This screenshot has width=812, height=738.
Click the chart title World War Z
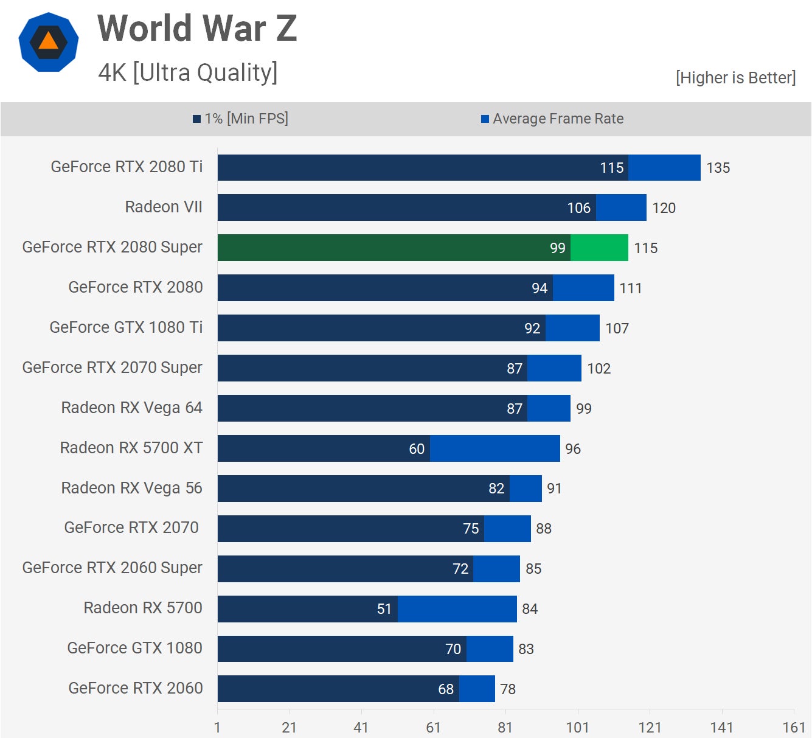click(x=197, y=29)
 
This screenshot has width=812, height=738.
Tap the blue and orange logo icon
click(x=49, y=42)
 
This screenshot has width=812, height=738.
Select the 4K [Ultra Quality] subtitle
click(x=188, y=72)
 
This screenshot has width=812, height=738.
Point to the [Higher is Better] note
click(x=735, y=78)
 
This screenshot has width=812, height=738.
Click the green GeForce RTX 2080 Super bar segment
click(x=599, y=248)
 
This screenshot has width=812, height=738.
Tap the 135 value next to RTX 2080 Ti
click(x=718, y=168)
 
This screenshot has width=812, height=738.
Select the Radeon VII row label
click(x=164, y=207)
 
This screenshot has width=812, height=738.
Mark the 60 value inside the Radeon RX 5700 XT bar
click(x=417, y=449)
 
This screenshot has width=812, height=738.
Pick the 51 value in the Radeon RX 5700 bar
click(x=384, y=609)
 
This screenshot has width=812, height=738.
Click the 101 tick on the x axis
click(x=577, y=728)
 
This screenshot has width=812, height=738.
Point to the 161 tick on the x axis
click(x=794, y=728)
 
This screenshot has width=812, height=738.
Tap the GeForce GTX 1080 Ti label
click(x=126, y=327)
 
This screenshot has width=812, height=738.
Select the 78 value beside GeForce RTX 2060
click(x=508, y=689)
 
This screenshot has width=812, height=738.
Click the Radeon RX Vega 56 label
click(x=131, y=488)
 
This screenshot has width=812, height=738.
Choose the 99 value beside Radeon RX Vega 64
click(x=584, y=409)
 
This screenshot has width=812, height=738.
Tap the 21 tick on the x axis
click(x=289, y=728)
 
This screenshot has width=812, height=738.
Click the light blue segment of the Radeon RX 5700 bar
click(x=457, y=609)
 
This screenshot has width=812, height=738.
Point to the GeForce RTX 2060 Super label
click(x=112, y=568)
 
